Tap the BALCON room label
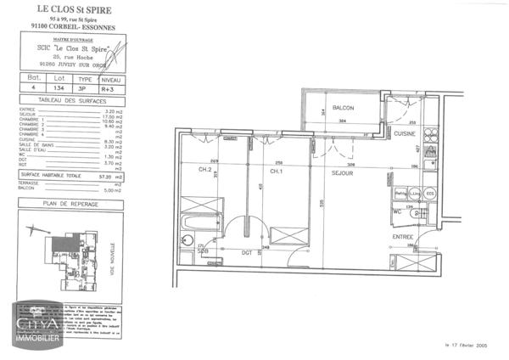pyautogui.click(x=343, y=109)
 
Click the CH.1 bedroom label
pyautogui.click(x=276, y=171)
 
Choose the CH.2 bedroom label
pyautogui.click(x=204, y=170)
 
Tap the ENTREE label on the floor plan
pyautogui.click(x=402, y=237)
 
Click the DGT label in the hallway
pyautogui.click(x=246, y=252)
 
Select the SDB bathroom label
pyautogui.click(x=203, y=251)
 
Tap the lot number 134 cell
pyautogui.click(x=59, y=87)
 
